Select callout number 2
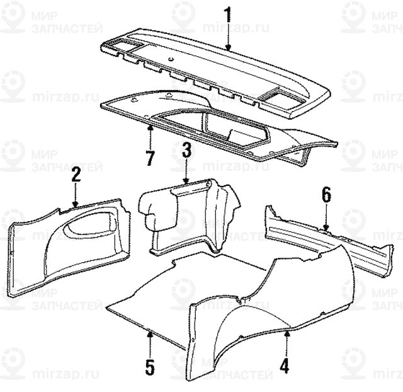pyautogui.click(x=76, y=175)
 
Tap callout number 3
pyautogui.click(x=187, y=151)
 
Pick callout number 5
pyautogui.click(x=149, y=366)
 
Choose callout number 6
pyautogui.click(x=326, y=194)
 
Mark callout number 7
pyautogui.click(x=150, y=158)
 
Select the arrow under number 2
pyautogui.click(x=76, y=197)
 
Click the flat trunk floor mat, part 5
pyautogui.click(x=170, y=296)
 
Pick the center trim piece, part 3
pyautogui.click(x=195, y=214)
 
